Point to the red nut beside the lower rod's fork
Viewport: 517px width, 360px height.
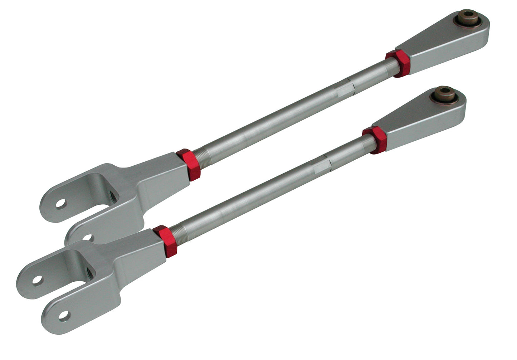(x=165, y=241)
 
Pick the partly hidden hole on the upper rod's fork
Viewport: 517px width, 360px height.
(x=87, y=237)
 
